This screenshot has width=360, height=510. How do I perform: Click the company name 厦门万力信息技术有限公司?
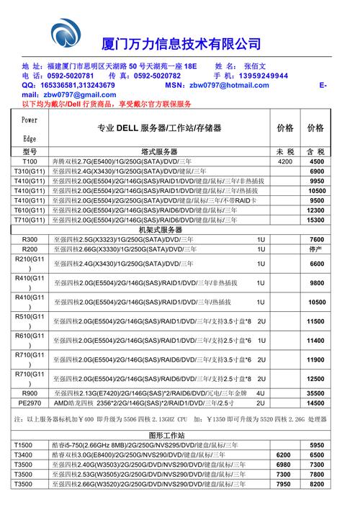coord(181,43)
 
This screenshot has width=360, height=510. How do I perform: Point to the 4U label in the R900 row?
coord(261,393)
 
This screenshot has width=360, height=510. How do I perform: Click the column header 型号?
coord(30,152)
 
